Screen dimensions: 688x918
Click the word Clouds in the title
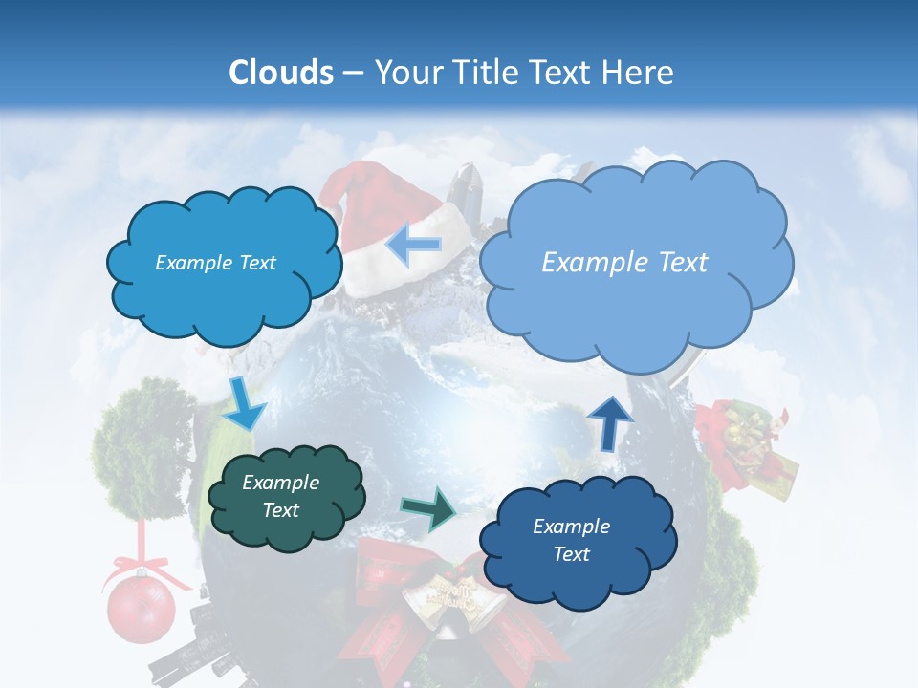(281, 73)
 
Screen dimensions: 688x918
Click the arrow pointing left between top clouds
(413, 244)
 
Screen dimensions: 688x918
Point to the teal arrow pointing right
(428, 508)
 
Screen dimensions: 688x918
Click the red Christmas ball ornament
(141, 609)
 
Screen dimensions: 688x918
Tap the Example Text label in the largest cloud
(624, 263)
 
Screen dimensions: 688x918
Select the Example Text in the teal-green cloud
(280, 497)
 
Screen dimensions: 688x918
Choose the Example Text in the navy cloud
(571, 540)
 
